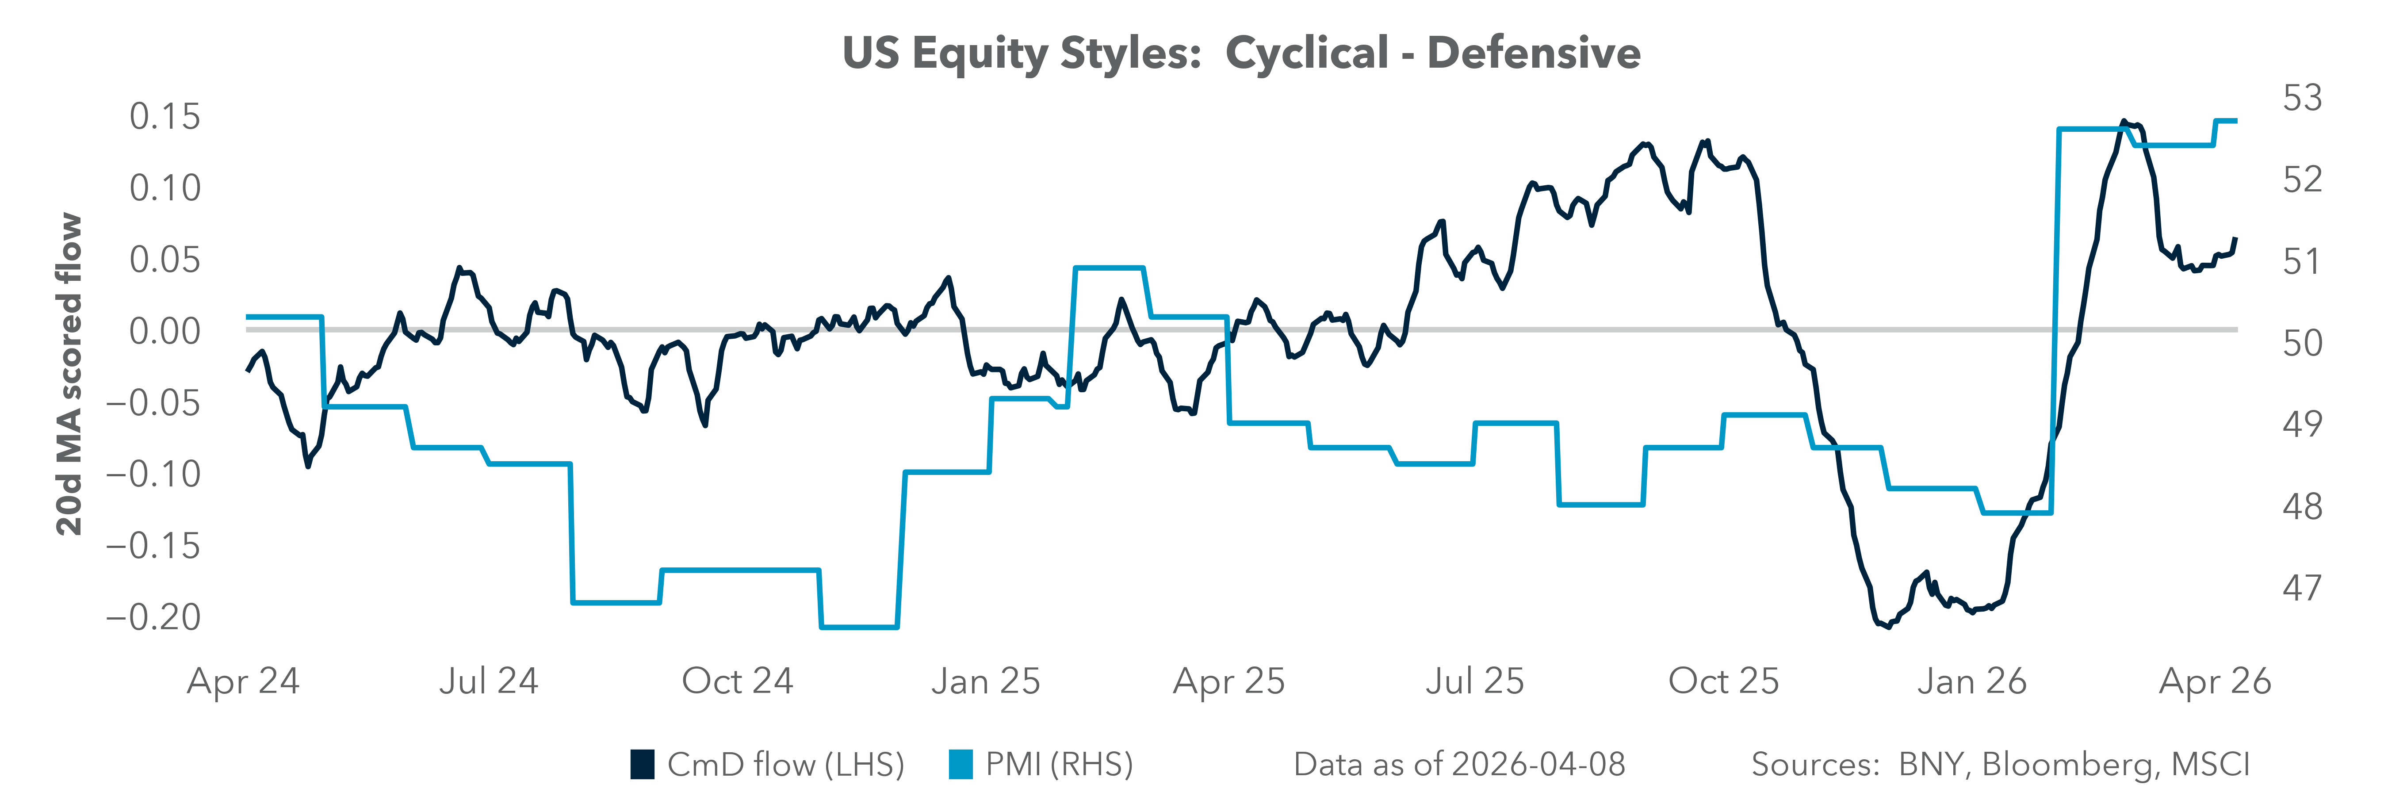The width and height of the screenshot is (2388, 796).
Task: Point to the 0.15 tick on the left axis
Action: point(165,117)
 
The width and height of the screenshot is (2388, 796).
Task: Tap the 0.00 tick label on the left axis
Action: point(165,331)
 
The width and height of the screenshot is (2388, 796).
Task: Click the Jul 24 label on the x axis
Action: point(489,682)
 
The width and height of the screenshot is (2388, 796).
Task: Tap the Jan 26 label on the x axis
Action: point(1972,682)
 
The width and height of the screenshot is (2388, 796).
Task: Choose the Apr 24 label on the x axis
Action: point(243,682)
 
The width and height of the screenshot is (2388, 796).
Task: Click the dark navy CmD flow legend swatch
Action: point(643,765)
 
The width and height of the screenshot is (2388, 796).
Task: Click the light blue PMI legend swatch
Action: point(961,765)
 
